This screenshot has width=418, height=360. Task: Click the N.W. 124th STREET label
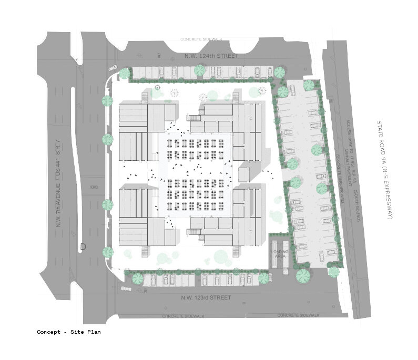point(211,56)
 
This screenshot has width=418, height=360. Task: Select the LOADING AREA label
point(279,254)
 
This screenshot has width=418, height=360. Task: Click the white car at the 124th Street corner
point(113,68)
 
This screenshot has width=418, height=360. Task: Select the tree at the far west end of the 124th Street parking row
point(124,74)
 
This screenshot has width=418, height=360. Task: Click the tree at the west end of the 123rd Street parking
point(137,277)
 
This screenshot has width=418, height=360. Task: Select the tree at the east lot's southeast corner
point(333,271)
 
